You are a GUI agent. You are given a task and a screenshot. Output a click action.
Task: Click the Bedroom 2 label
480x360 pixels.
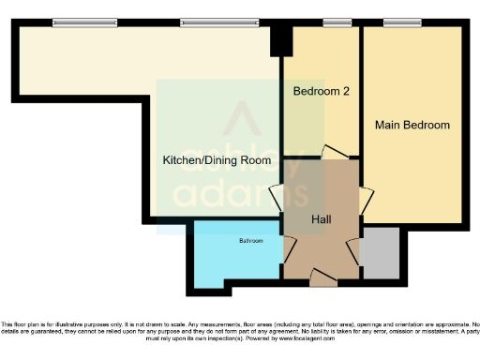(x=322, y=92)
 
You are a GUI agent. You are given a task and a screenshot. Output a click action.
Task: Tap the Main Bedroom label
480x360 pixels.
(x=412, y=125)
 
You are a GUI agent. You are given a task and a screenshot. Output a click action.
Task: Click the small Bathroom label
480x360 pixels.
(x=250, y=242)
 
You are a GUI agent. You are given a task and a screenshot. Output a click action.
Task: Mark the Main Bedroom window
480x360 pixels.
(x=401, y=22)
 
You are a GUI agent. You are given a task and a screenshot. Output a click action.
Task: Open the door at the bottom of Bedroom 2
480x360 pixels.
(x=334, y=151)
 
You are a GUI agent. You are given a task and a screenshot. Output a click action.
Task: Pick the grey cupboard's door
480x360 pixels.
(x=354, y=250)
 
